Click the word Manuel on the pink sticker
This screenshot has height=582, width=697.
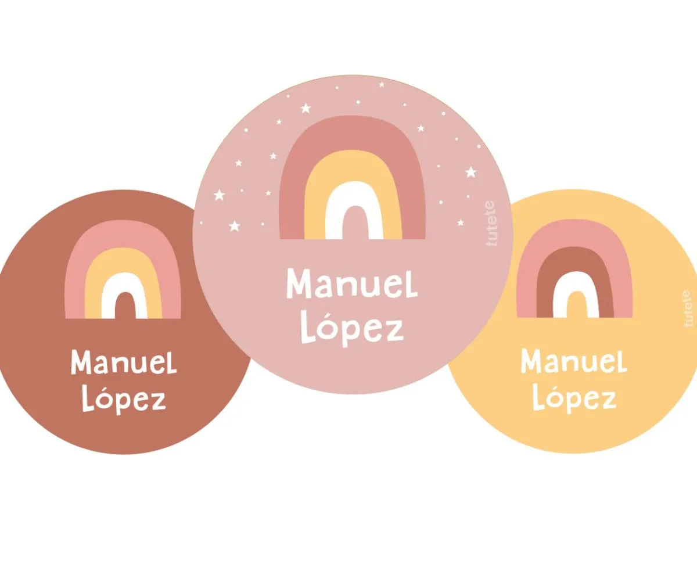pyautogui.click(x=352, y=284)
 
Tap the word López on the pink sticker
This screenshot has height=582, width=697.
pyautogui.click(x=352, y=329)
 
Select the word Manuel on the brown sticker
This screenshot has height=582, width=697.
pyautogui.click(x=124, y=361)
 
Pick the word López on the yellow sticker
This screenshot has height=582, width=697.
pyautogui.click(x=574, y=398)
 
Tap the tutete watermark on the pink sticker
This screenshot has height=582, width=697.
pyautogui.click(x=491, y=224)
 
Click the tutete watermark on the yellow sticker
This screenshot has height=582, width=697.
pyautogui.click(x=689, y=308)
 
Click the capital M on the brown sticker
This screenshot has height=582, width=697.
pyautogui.click(x=81, y=361)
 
